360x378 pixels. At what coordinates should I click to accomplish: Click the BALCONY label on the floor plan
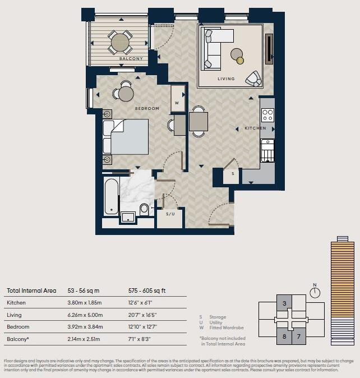[131, 58]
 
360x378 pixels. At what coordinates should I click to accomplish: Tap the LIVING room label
[226, 79]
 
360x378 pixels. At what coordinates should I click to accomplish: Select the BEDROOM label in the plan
[147, 108]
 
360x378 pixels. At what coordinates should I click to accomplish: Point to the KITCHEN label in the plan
[255, 128]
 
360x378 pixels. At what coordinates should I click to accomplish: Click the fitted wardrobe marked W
[177, 103]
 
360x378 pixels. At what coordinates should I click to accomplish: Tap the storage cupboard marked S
[232, 174]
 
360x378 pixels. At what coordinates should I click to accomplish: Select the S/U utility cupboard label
[170, 214]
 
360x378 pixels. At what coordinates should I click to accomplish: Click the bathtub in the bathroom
[111, 197]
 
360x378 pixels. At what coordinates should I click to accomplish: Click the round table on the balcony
[120, 42]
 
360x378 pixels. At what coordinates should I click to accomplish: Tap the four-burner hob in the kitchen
[267, 116]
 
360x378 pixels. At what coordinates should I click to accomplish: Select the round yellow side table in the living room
[240, 60]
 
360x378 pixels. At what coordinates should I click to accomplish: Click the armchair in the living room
[254, 79]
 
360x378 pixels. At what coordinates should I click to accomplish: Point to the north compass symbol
[315, 292]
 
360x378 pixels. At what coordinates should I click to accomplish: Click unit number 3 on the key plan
[285, 303]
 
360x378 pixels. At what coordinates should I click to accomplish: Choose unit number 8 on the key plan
[284, 336]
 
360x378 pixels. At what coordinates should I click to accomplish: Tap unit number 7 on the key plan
[299, 336]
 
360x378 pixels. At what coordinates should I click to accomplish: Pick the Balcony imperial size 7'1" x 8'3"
[141, 339]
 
